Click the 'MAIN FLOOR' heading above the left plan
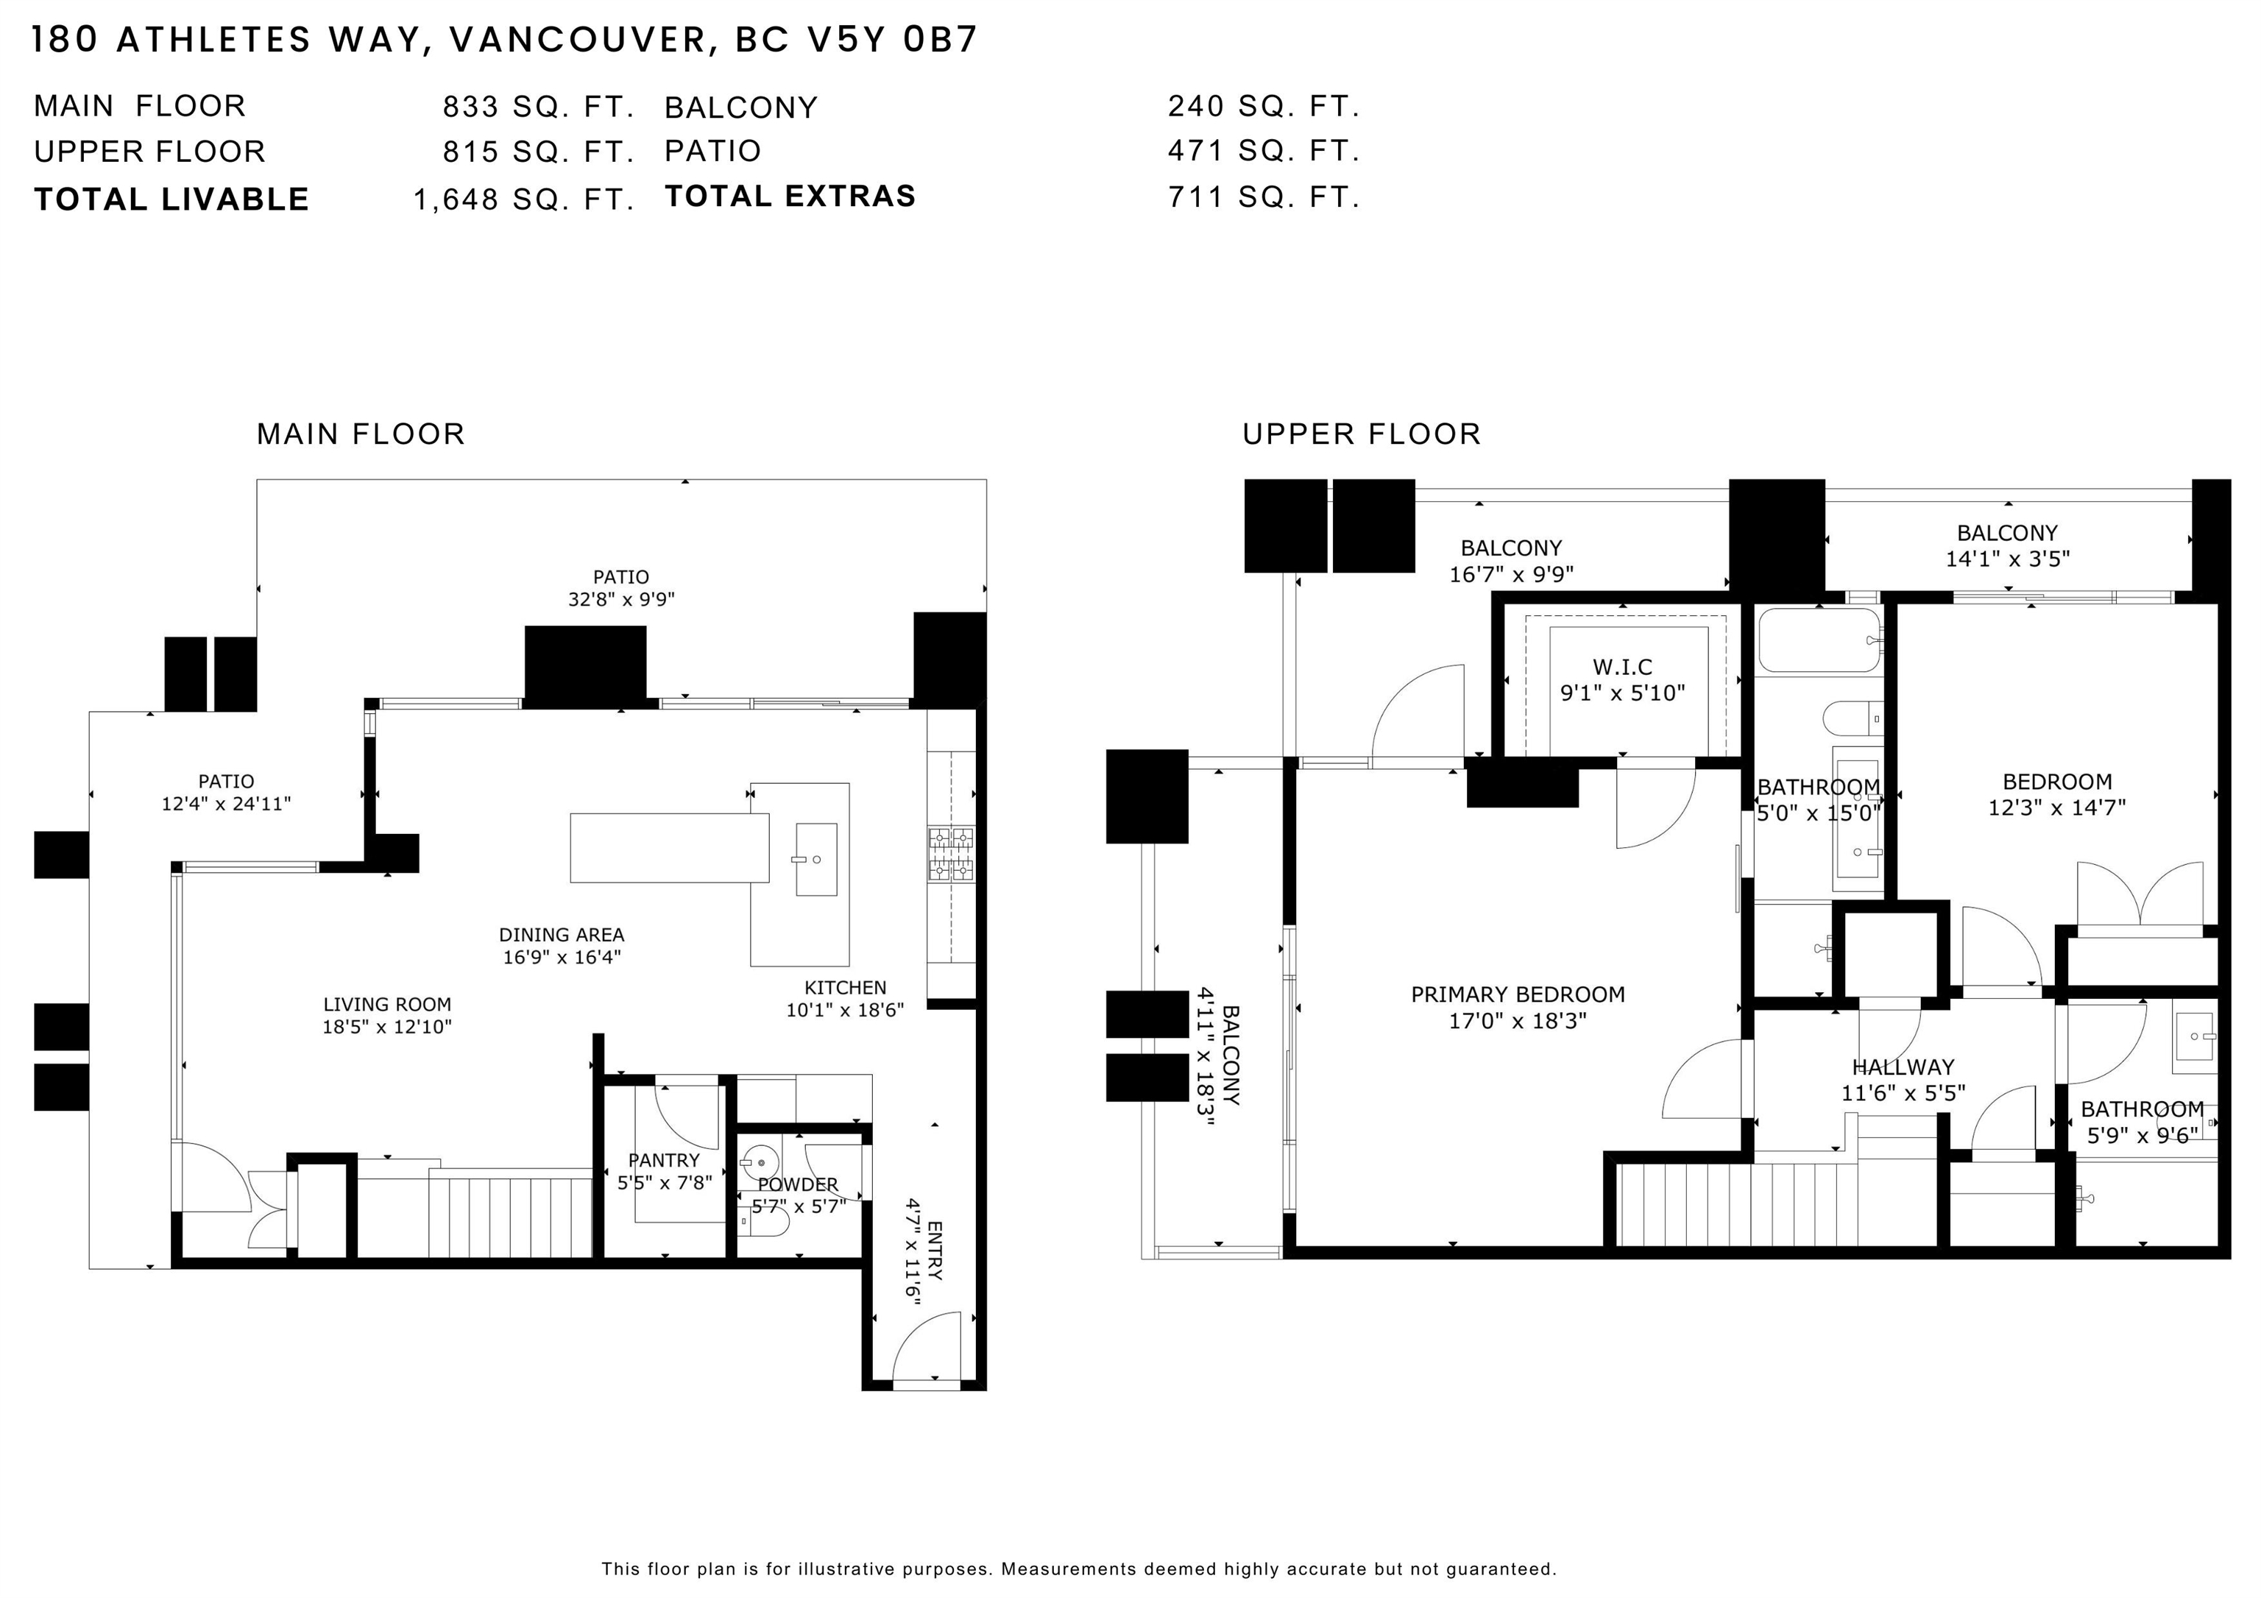pyautogui.click(x=361, y=434)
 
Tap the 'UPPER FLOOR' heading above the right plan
pyautogui.click(x=1361, y=434)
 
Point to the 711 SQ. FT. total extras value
pyautogui.click(x=1264, y=197)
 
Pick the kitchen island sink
pyautogui.click(x=815, y=860)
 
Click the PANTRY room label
pyautogui.click(x=664, y=1161)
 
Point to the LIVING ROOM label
pyautogui.click(x=387, y=1004)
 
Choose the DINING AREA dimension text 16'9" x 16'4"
pyautogui.click(x=562, y=957)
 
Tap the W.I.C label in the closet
pyautogui.click(x=1622, y=667)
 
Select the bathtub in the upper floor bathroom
pyautogui.click(x=1819, y=640)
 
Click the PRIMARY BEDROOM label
pyautogui.click(x=1518, y=994)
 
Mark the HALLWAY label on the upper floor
pyautogui.click(x=1903, y=1067)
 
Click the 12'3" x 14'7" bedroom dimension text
pyautogui.click(x=2056, y=807)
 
